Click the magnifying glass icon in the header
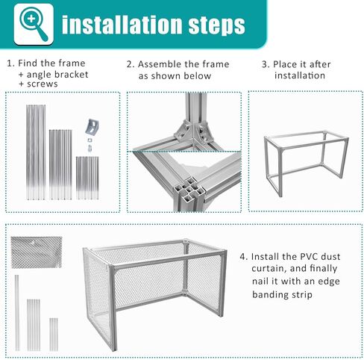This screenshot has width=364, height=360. click(34, 24)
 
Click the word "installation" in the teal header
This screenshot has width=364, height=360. click(122, 25)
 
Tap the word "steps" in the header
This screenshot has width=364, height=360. click(216, 25)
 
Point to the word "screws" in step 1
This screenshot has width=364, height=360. click(43, 84)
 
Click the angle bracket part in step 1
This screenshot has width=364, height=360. click(92, 127)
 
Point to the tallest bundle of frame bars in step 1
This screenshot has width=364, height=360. click(36, 152)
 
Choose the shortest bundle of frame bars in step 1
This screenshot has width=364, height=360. click(87, 178)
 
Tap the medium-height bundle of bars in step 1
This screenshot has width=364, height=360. click(60, 164)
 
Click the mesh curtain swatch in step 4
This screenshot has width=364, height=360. click(37, 252)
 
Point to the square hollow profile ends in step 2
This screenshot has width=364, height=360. click(189, 190)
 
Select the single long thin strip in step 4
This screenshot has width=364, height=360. click(17, 313)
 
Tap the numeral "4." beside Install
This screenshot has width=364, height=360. click(244, 256)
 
